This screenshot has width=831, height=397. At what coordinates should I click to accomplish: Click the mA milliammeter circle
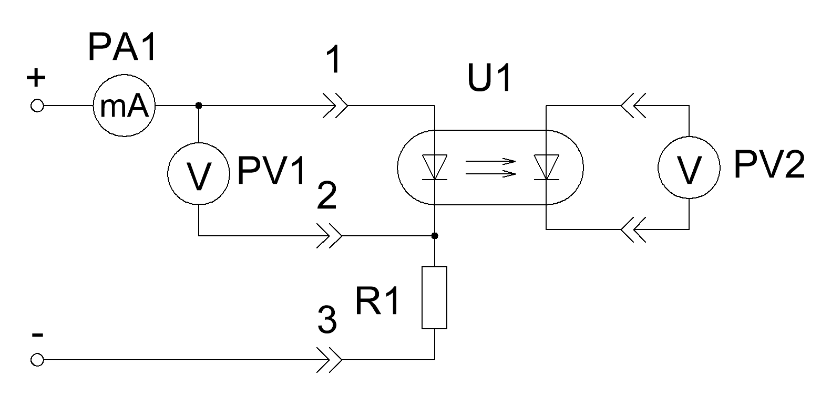pos(124,75)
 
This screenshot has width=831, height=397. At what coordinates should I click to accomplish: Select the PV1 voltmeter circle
pos(199,143)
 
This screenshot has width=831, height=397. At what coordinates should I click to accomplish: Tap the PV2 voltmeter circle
pos(689,137)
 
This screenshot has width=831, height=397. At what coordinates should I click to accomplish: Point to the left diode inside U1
pos(434,168)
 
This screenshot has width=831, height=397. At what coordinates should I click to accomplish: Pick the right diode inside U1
pos(546,168)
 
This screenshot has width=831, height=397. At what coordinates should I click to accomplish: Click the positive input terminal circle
pos(37,100)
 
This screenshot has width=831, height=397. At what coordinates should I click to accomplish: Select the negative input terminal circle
pos(37,353)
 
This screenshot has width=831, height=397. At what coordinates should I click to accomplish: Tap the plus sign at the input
pos(36,78)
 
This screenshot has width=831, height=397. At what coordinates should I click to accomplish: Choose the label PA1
pos(122,47)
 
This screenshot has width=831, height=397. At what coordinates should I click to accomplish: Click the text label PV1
pos(271,171)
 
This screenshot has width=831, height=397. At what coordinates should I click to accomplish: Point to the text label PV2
pos(769,165)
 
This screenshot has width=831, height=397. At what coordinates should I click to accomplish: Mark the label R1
pos(377,301)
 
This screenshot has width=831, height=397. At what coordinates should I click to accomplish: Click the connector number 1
pos(334,59)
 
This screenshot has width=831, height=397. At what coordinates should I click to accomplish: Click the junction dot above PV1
pos(199,106)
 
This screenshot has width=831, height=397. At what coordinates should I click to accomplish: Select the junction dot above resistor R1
pos(435,236)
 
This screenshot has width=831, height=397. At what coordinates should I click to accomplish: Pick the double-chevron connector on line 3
pos(329,360)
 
